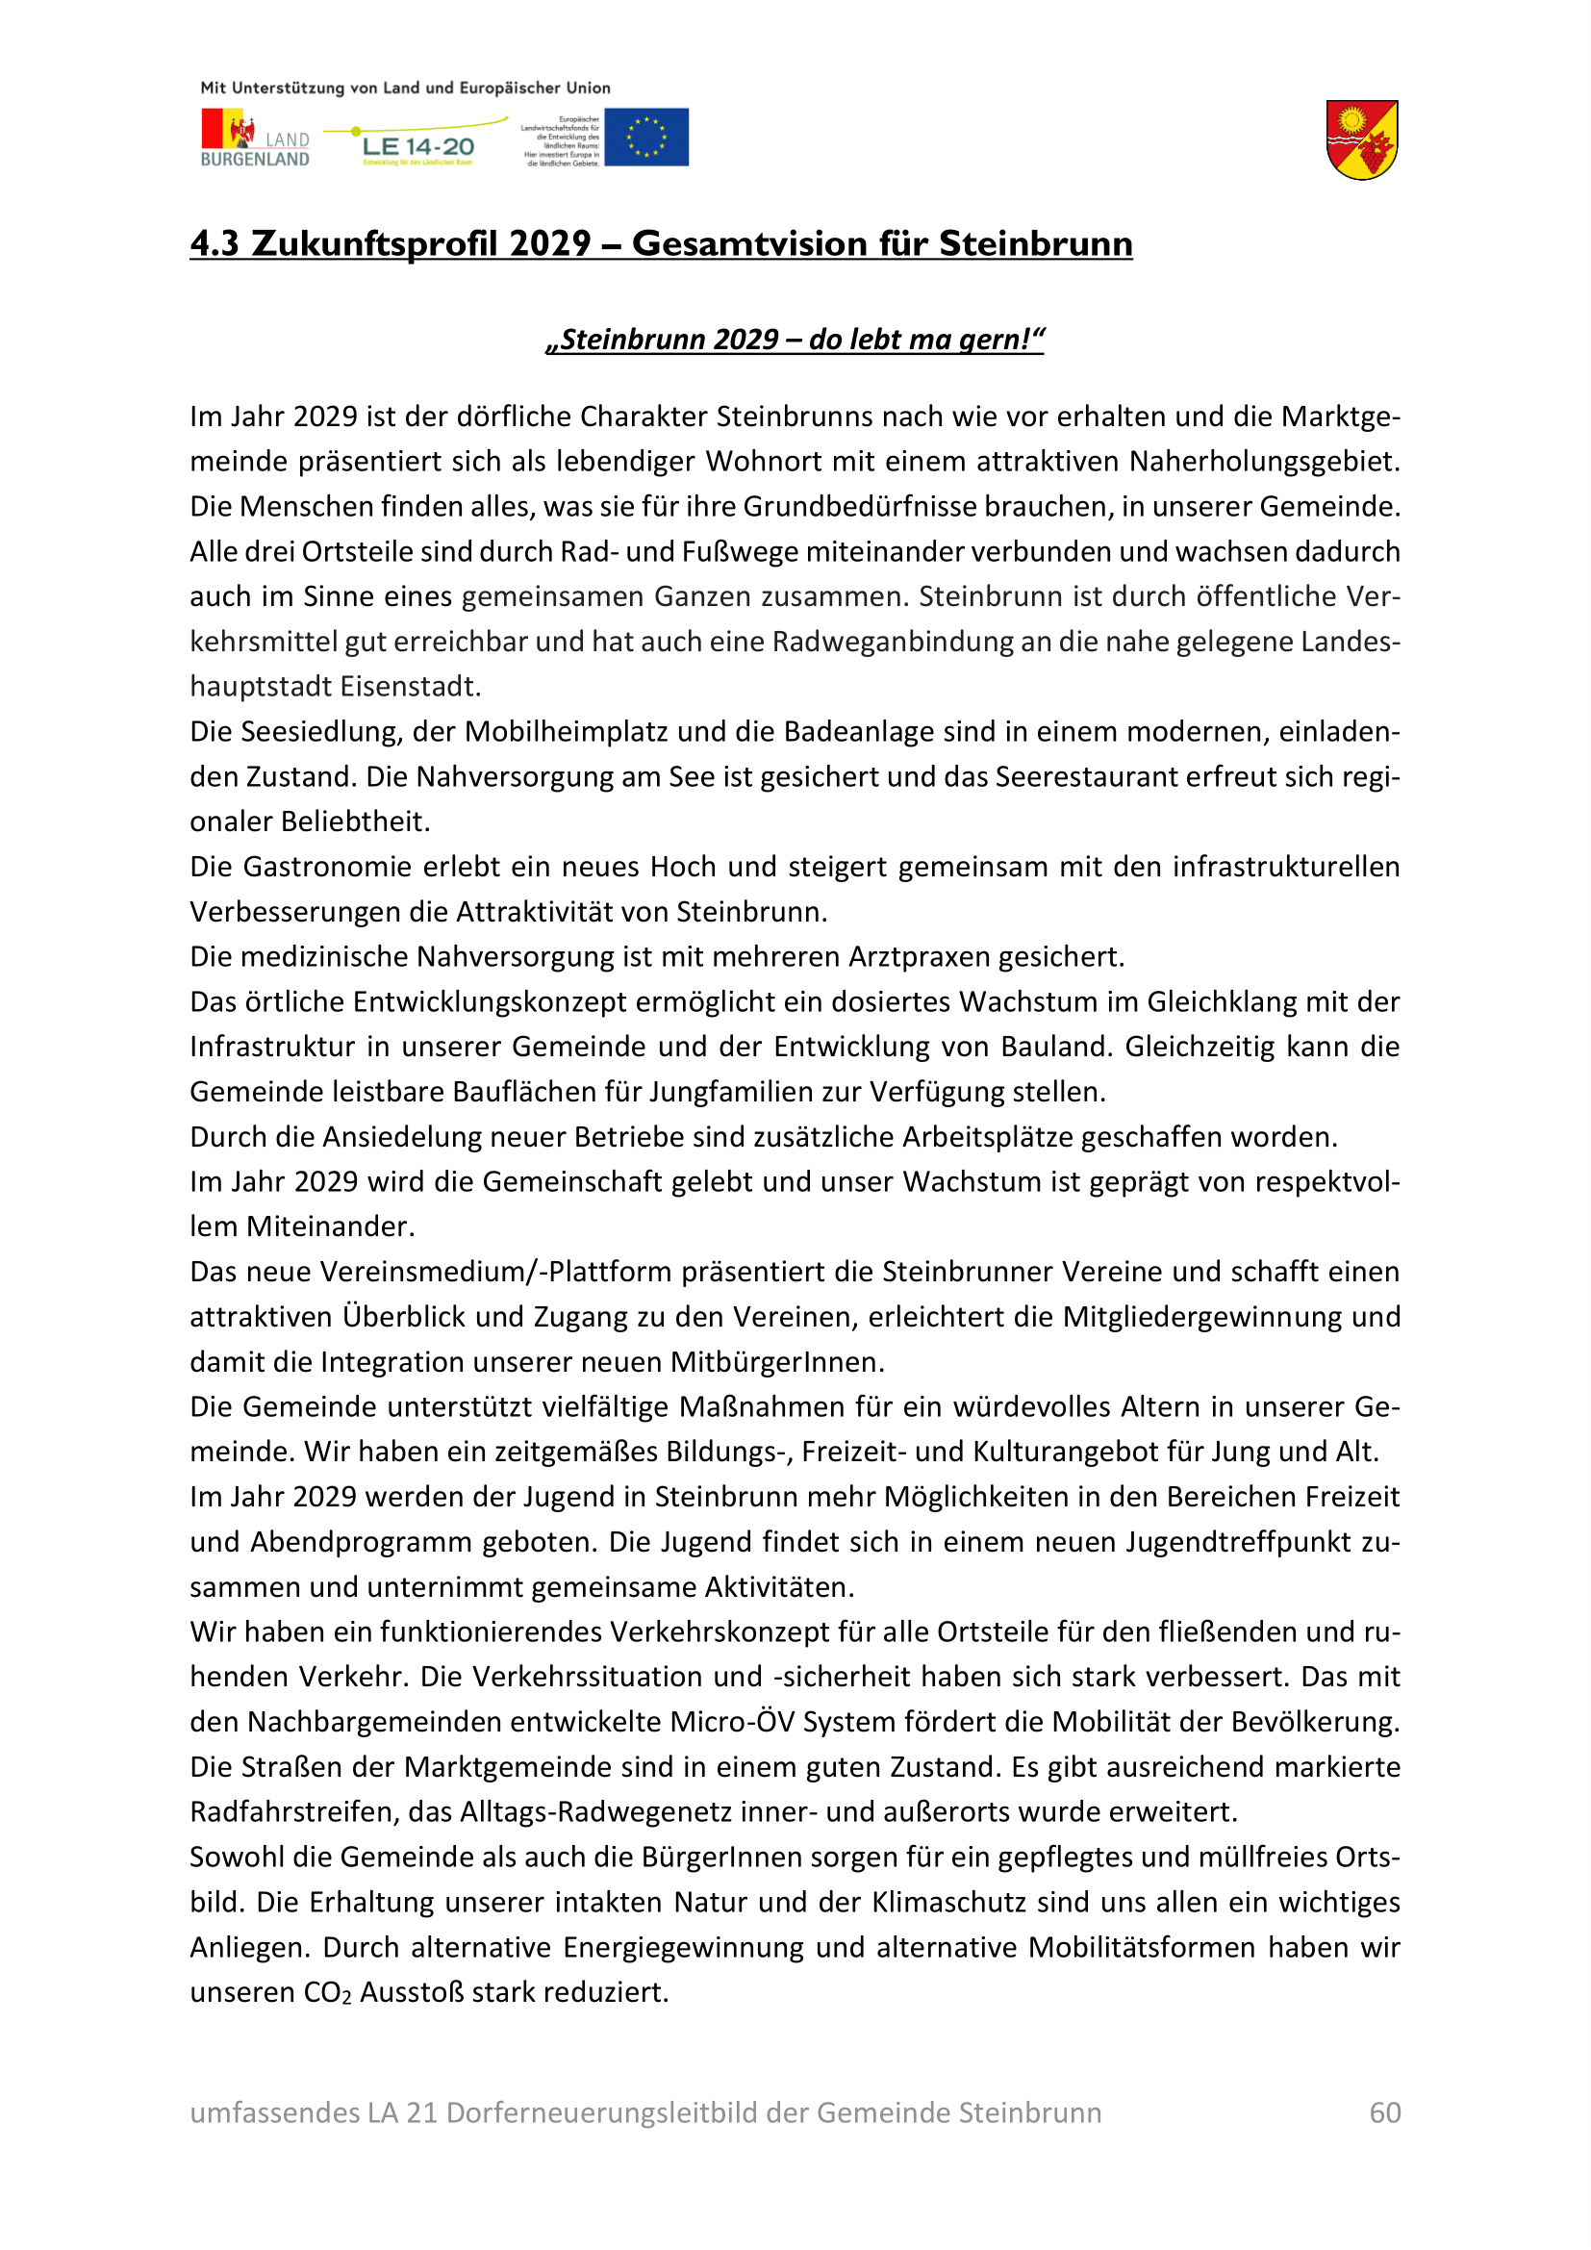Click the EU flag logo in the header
click(x=645, y=138)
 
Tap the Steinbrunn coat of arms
click(x=1362, y=140)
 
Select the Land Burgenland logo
click(x=255, y=139)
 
